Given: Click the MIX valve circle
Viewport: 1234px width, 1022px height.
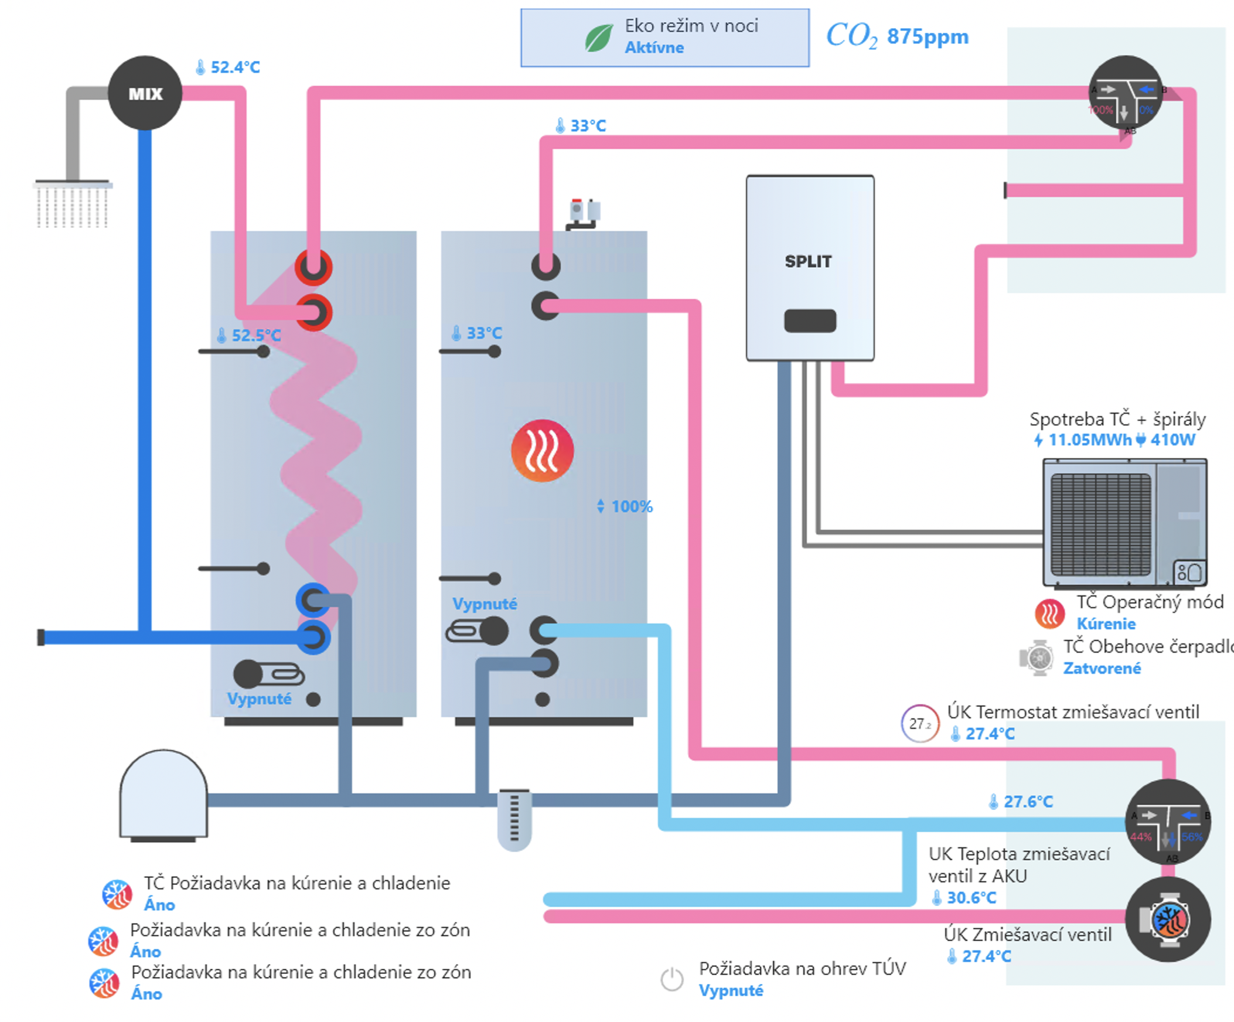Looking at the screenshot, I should (x=145, y=93).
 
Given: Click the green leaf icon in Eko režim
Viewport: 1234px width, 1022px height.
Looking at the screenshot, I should (x=598, y=38).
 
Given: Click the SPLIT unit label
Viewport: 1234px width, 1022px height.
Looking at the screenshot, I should (x=808, y=261).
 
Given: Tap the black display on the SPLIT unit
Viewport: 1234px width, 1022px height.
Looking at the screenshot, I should (x=810, y=321).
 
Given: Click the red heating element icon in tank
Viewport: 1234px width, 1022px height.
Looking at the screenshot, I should (x=542, y=451).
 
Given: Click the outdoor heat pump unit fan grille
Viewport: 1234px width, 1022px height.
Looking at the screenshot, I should (x=1100, y=525).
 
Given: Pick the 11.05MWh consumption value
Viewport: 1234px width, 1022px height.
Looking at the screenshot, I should (x=1089, y=440).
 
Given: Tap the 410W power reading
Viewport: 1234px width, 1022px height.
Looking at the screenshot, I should (x=1172, y=440).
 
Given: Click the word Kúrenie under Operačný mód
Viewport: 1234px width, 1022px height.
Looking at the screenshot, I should (x=1105, y=624).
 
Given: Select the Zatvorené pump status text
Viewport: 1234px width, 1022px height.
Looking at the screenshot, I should (x=1102, y=668).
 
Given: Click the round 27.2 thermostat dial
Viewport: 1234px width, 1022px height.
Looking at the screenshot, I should (x=919, y=724).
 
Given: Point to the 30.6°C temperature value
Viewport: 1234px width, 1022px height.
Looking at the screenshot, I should (x=971, y=897).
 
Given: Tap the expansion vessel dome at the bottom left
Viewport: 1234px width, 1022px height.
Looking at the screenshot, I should (x=163, y=793).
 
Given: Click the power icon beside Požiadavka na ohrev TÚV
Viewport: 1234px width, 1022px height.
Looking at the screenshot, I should (x=671, y=979).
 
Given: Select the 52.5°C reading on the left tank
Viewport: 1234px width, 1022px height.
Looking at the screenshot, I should (x=255, y=336).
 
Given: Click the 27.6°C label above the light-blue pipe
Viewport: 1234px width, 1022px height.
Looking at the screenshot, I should (x=1027, y=802).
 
